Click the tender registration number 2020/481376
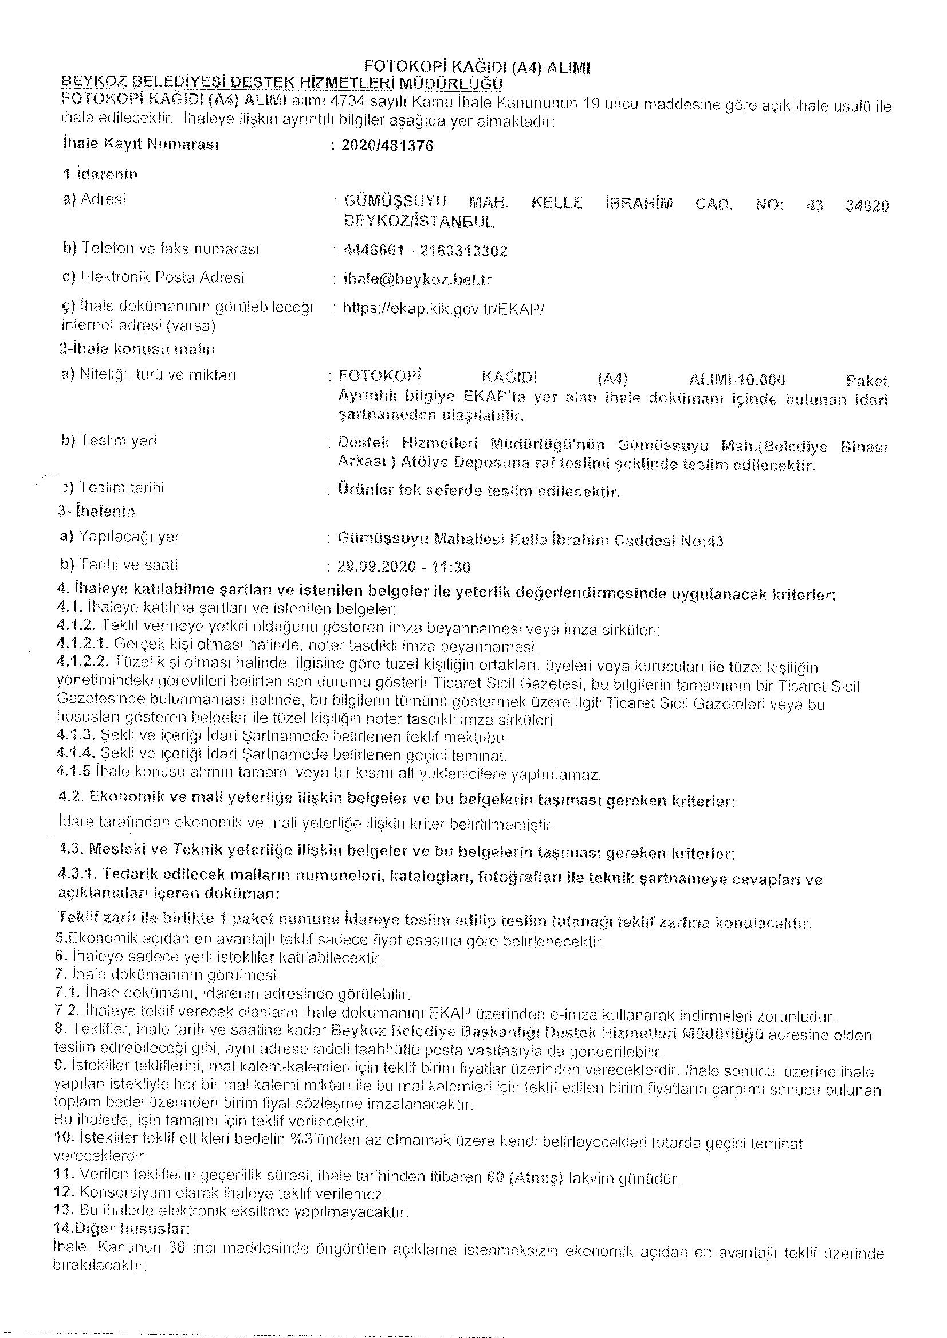(387, 146)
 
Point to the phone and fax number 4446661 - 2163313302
(426, 251)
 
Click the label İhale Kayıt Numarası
(140, 144)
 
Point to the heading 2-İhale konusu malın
(137, 350)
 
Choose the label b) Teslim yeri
(109, 440)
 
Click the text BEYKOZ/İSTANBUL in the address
(419, 222)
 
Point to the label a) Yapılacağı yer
(120, 536)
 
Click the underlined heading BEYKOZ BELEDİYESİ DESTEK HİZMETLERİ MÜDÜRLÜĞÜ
(283, 83)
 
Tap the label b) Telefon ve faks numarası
(161, 249)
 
